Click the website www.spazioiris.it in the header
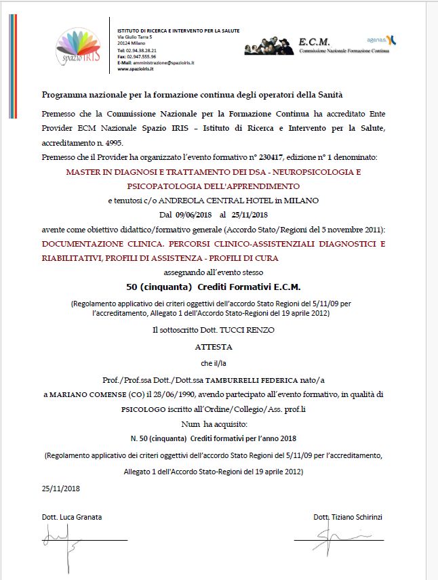pos(136,68)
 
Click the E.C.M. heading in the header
pos(314,42)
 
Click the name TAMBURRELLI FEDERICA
pos(245,379)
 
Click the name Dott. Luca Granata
pos(72,517)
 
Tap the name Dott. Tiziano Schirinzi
pos(348,517)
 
